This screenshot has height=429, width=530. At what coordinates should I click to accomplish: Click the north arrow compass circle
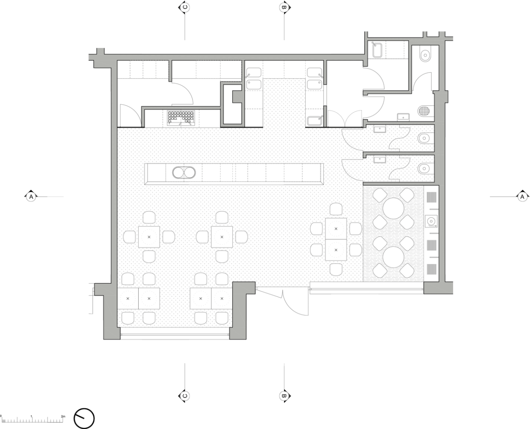84,418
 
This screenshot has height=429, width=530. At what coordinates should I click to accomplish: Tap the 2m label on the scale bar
63,416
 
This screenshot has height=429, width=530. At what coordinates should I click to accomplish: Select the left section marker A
31,196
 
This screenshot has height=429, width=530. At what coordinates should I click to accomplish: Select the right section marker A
522,196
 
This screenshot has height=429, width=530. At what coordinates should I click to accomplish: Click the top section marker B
284,7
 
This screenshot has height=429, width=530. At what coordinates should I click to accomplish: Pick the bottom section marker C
184,396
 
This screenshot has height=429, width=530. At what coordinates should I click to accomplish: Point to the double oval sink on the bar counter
184,172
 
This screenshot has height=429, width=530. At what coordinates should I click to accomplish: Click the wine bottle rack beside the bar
181,118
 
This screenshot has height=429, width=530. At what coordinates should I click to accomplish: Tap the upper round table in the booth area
393,208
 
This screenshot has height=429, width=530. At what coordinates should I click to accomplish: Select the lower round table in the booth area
393,257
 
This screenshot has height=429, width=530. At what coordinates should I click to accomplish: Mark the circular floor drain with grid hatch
424,110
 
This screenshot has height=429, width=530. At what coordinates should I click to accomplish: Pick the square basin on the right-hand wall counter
431,221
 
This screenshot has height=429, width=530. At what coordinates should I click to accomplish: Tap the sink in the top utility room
377,50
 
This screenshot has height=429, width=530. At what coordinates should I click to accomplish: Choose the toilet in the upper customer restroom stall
424,138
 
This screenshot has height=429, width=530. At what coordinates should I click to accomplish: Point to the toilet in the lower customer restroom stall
424,169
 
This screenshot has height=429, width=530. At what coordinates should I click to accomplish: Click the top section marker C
184,7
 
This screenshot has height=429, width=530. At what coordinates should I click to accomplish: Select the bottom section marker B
284,396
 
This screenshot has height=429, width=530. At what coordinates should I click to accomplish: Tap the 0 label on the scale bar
1,416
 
